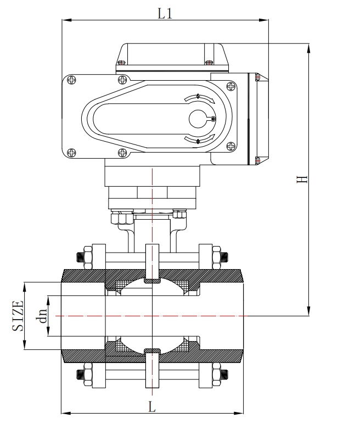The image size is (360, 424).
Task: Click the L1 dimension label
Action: click(x=165, y=13)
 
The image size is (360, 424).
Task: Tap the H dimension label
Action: click(x=301, y=179)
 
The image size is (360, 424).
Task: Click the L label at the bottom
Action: click(x=153, y=407)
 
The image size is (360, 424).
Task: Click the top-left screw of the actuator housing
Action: click(x=71, y=80)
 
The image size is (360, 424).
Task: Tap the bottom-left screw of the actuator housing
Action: click(x=71, y=153)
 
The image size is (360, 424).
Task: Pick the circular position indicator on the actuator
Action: click(x=201, y=119)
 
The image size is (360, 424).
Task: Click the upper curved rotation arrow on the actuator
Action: click(x=198, y=97)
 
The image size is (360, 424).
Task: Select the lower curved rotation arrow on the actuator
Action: click(x=198, y=141)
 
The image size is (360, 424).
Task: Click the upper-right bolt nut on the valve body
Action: click(x=224, y=256)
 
